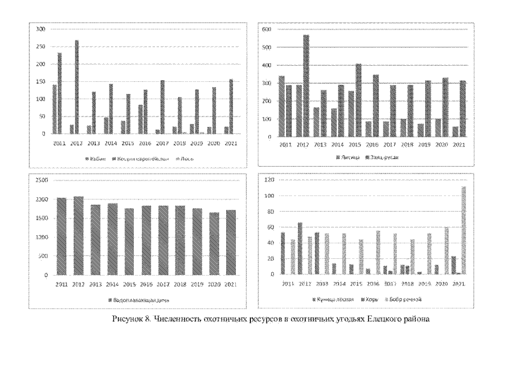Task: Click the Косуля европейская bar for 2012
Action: pos(77,87)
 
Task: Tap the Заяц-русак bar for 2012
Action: pos(306,86)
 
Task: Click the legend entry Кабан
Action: pos(96,157)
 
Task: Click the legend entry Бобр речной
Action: pos(407,299)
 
